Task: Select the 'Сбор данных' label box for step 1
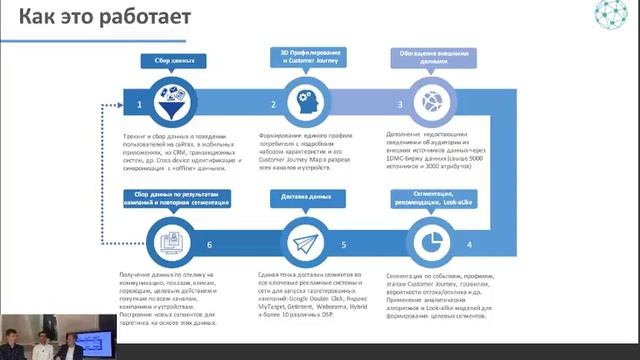[x=167, y=60]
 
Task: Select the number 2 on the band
[x=272, y=104]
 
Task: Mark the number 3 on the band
[x=401, y=104]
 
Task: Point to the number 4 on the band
[x=469, y=245]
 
